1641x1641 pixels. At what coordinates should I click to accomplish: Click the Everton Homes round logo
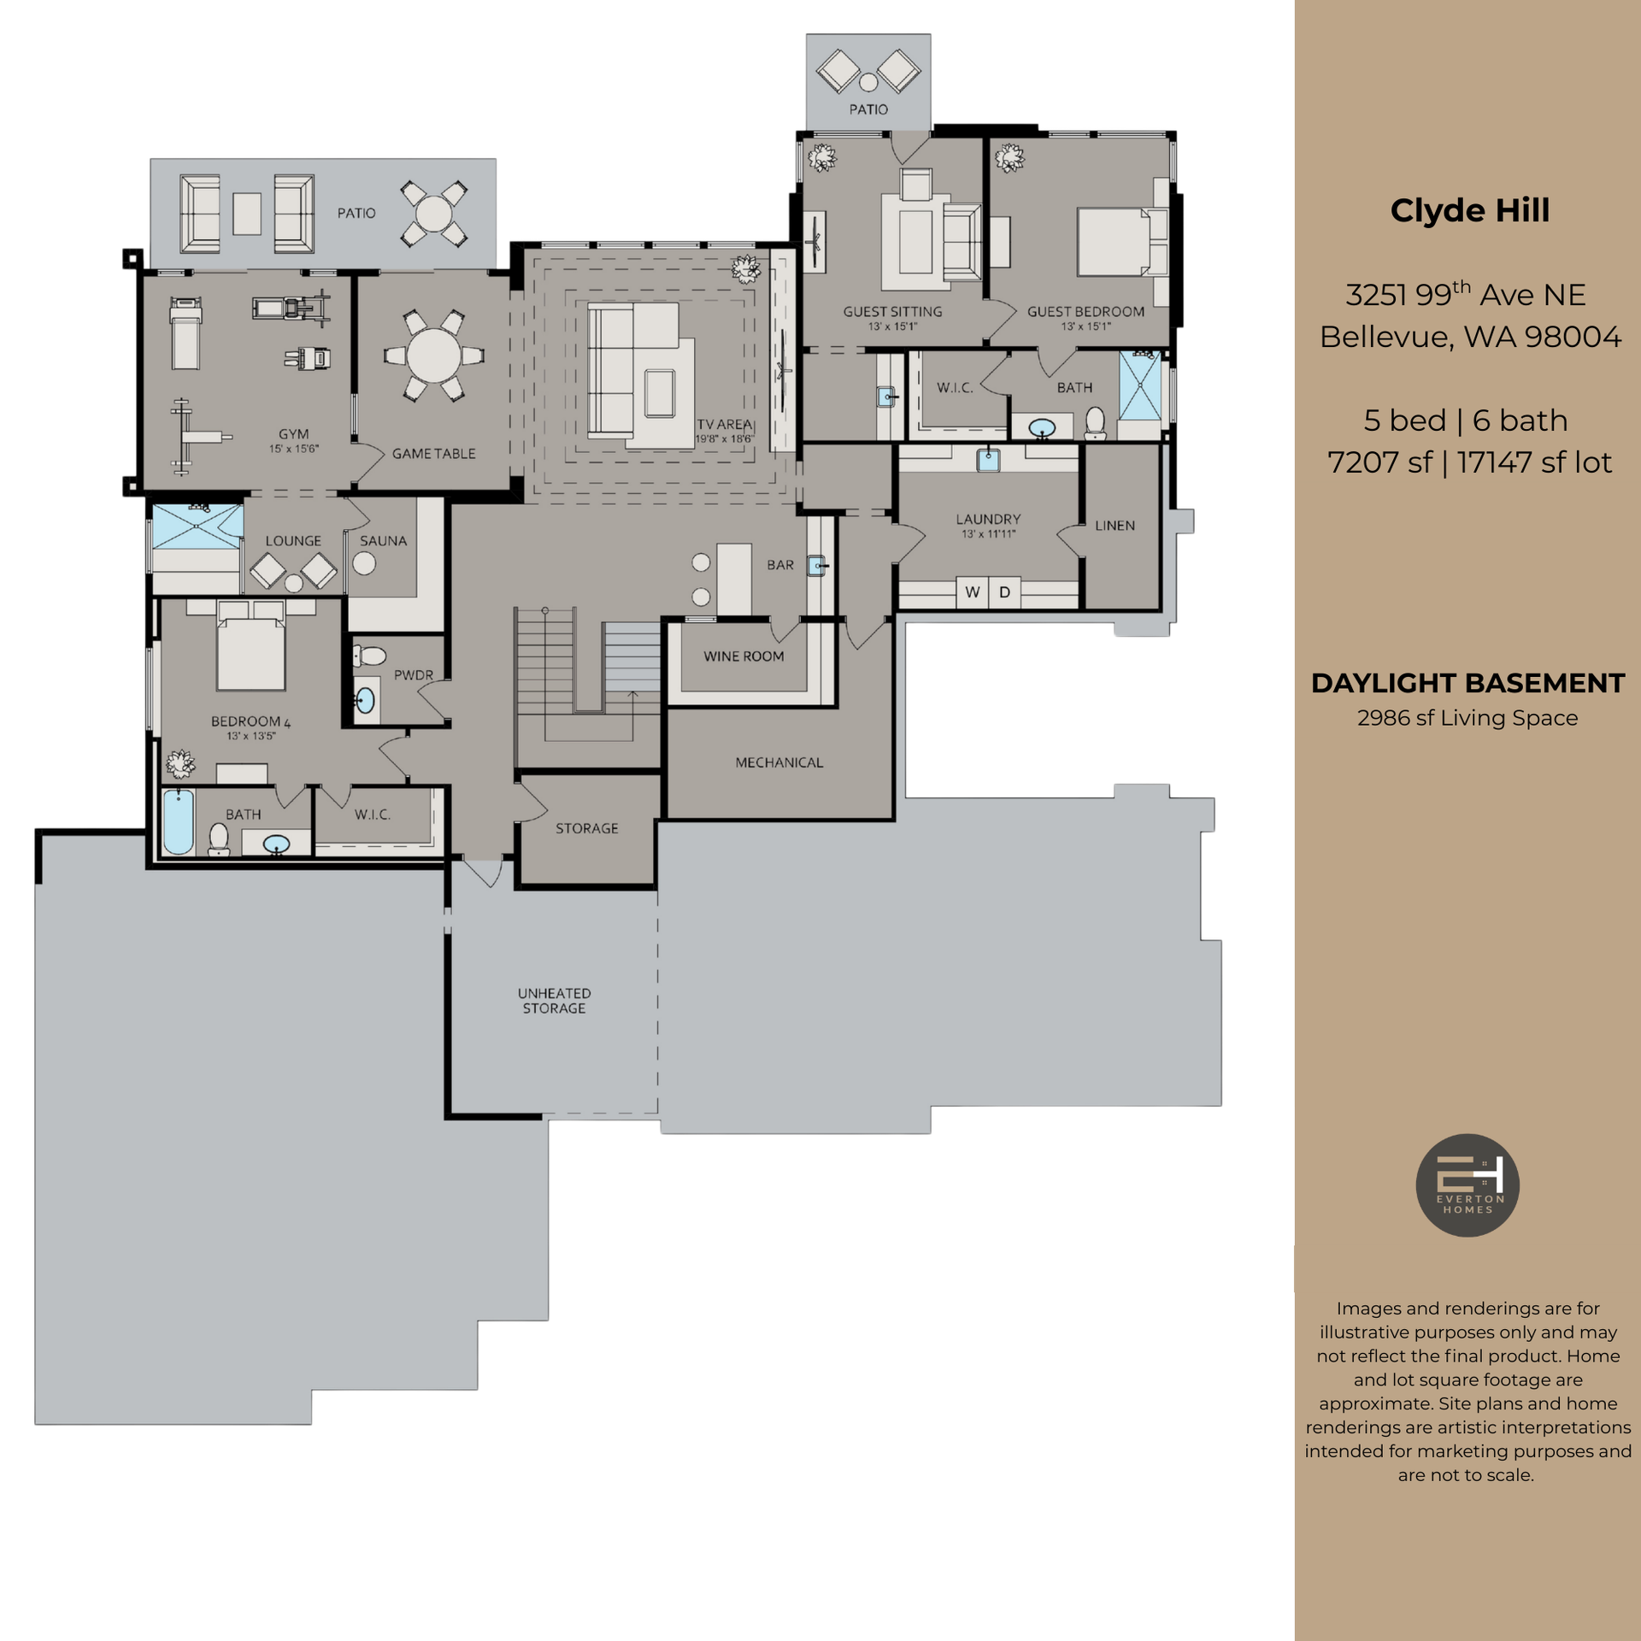tap(1467, 1185)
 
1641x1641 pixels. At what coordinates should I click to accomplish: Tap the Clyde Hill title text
tap(1469, 211)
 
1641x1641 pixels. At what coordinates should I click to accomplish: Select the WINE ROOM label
tap(744, 656)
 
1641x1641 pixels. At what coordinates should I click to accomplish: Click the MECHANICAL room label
tap(779, 762)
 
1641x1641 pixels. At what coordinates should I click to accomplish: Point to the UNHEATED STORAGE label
tap(554, 1001)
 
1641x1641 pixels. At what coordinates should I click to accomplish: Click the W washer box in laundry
tap(972, 592)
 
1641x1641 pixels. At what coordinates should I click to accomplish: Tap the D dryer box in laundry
tap(1004, 592)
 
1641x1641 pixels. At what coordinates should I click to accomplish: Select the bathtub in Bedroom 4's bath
tap(179, 821)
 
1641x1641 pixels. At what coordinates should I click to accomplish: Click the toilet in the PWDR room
tap(369, 656)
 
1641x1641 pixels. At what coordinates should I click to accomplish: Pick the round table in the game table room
tap(433, 355)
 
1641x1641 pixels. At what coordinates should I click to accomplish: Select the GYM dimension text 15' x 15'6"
tap(294, 449)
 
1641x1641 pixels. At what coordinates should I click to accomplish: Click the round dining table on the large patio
tap(434, 214)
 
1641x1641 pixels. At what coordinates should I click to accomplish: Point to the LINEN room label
tap(1115, 526)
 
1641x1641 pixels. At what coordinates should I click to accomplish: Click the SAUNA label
tap(383, 541)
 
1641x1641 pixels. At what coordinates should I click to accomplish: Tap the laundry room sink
tap(989, 460)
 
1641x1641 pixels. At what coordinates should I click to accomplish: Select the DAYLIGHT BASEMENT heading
tap(1467, 684)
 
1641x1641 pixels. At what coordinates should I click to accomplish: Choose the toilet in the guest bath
tap(1095, 423)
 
